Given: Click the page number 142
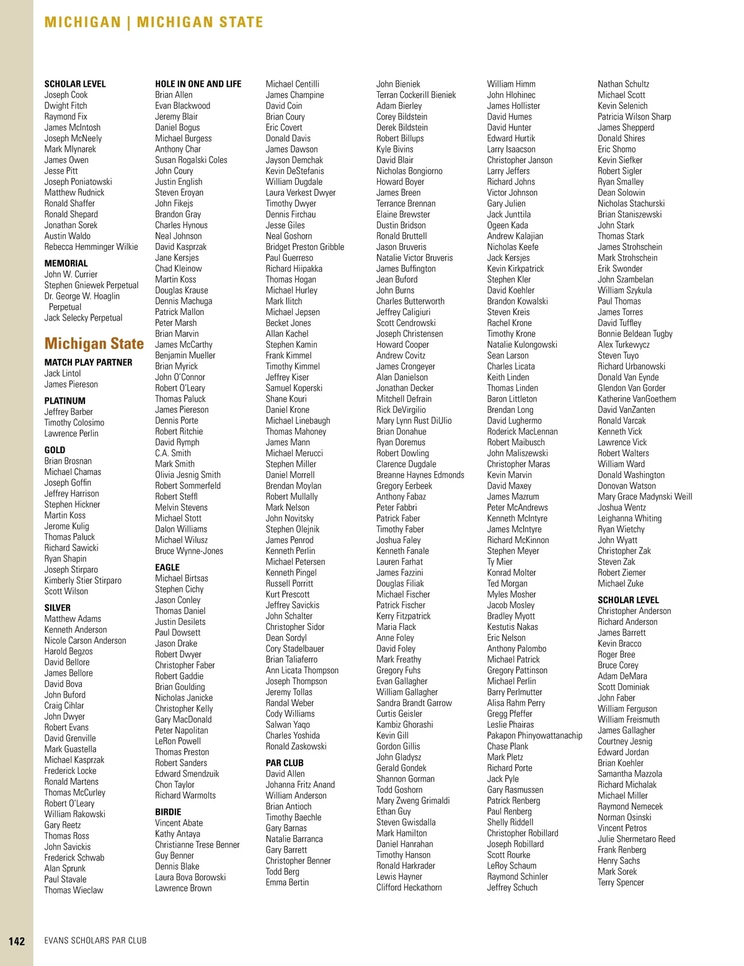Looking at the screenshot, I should tap(17, 941).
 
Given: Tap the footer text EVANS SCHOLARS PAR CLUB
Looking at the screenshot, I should tap(95, 941).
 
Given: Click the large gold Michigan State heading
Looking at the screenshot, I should tap(94, 343).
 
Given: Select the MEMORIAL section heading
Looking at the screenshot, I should tap(66, 264).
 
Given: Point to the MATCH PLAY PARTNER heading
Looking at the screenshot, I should tap(88, 362).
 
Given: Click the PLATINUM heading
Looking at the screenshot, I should tap(64, 401).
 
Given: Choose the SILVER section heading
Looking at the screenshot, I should tap(57, 608).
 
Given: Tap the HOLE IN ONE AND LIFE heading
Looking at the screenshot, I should tap(198, 84).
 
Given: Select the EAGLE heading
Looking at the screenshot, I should tap(167, 567).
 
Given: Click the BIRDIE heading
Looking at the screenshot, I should tap(168, 812).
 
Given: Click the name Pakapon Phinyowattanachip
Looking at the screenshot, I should tap(534, 735).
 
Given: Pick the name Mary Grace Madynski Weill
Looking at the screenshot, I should tap(645, 497).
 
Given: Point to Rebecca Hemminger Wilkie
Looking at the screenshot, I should tap(91, 247).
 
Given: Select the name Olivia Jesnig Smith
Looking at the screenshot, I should tap(188, 475).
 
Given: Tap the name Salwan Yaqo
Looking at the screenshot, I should tap(288, 724).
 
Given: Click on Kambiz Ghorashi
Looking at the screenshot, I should tap(404, 724).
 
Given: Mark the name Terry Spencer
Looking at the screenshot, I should tap(621, 882).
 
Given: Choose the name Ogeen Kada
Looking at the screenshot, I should tap(507, 225).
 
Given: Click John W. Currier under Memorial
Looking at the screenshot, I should tap(71, 274).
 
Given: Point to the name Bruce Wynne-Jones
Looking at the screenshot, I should tap(189, 551).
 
